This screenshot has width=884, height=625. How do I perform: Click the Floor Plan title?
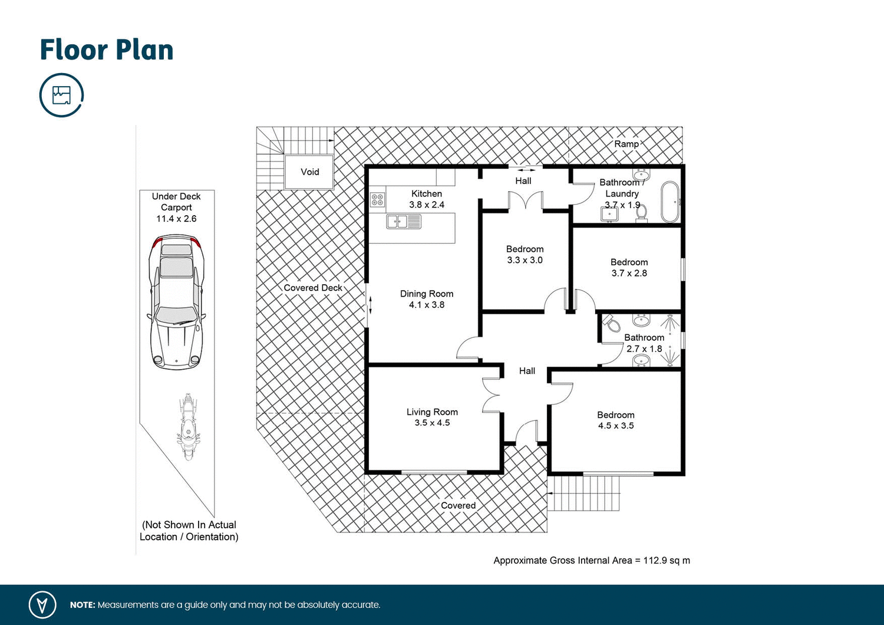point(107,50)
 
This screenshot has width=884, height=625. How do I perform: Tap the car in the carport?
point(176,300)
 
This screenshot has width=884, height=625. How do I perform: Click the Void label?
point(310,172)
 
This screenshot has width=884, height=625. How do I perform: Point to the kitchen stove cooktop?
point(377,199)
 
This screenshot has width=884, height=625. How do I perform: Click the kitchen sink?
point(404,222)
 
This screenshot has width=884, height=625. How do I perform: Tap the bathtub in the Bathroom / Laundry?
point(670,202)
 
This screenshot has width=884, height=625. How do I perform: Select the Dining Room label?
point(427,294)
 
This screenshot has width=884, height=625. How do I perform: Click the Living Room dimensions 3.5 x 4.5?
point(432,423)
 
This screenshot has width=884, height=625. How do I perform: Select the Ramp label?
point(626,144)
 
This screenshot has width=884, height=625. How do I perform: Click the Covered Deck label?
point(313,288)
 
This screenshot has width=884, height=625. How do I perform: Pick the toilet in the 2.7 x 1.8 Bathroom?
point(612,324)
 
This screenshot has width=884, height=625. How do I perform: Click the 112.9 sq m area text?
point(592,561)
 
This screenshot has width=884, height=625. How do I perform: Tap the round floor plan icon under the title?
point(62,95)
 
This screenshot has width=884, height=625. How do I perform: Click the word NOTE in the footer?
point(82,605)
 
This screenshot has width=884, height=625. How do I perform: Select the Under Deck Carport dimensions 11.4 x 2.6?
point(176,219)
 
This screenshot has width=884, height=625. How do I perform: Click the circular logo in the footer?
point(42,605)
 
